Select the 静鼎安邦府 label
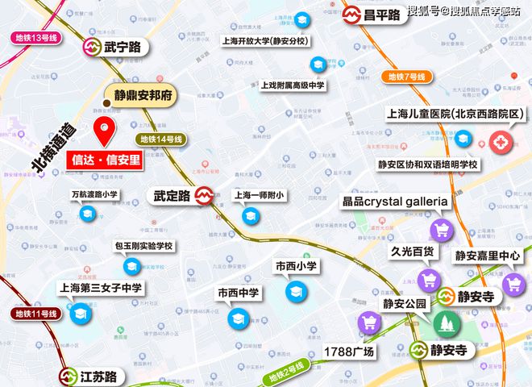tap(143, 94)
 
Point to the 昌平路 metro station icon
tap(351, 15)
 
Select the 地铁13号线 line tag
tap(36, 38)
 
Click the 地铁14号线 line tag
tap(162, 139)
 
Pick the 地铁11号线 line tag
tap(36, 313)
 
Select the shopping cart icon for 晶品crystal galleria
tap(441, 230)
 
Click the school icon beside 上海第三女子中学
tap(80, 314)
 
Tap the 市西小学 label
tap(296, 265)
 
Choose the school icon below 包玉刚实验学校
tap(131, 265)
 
